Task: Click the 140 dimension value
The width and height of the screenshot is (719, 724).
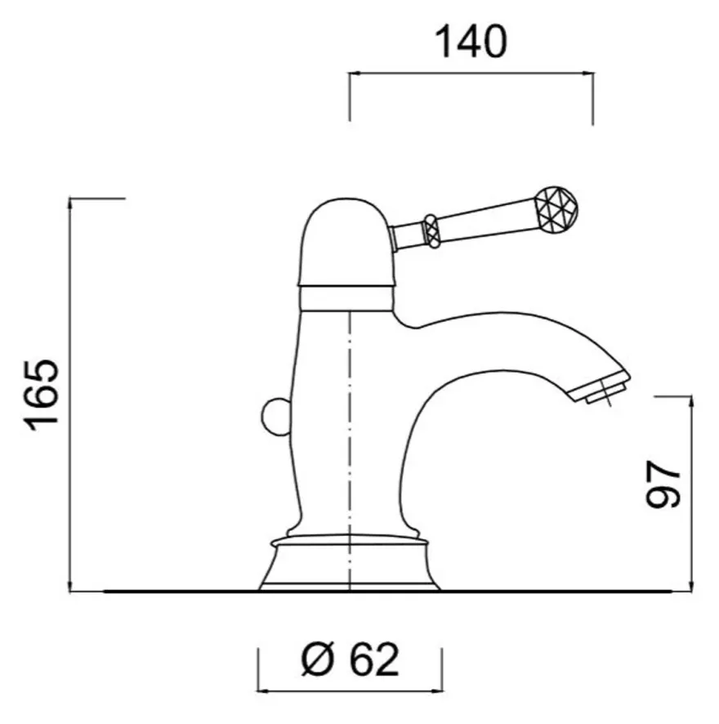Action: (471, 42)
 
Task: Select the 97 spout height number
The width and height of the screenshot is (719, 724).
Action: (663, 484)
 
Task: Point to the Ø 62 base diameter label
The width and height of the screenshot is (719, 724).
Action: (350, 659)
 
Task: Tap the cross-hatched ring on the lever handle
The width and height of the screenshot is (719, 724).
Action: (431, 231)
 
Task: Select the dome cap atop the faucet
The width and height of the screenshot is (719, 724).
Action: (346, 242)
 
